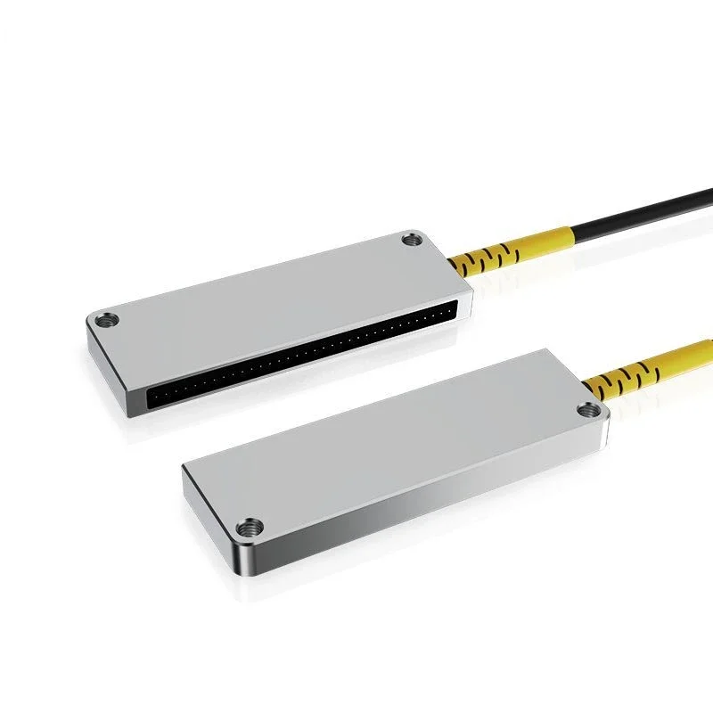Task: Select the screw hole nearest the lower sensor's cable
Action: [586, 410]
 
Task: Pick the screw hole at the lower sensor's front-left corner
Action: [254, 528]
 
